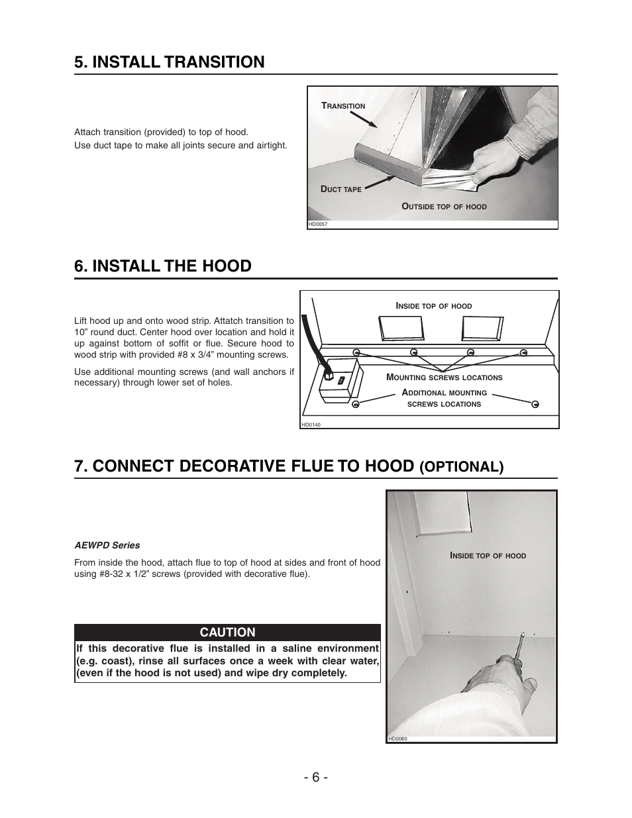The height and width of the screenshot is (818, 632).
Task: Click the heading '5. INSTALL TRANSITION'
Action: point(170,62)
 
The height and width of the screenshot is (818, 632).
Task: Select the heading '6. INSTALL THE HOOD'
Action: point(163,266)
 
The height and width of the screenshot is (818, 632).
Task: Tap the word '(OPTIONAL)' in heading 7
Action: point(461,466)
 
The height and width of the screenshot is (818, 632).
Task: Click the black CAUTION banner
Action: point(227,632)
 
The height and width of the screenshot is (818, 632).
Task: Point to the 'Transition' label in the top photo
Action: point(343,106)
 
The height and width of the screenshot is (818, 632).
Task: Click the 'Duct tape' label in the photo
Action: point(341,189)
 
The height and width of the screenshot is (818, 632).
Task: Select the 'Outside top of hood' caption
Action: point(444,207)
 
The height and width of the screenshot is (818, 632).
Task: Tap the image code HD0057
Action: point(318,224)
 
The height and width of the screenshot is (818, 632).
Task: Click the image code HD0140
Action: point(311,425)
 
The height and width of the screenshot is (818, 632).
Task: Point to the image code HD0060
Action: point(397,739)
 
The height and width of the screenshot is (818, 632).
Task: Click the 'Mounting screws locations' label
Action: point(444,378)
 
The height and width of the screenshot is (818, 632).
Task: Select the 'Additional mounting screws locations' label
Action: point(444,398)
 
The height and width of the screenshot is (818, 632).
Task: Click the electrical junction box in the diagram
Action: point(339,383)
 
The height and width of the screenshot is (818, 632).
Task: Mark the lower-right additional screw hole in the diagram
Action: point(535,404)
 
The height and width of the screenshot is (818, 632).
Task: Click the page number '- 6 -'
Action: point(315,777)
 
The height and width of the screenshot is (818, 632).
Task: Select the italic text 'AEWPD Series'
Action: point(107,545)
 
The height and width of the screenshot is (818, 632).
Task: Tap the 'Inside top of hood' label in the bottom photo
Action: point(488,556)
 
